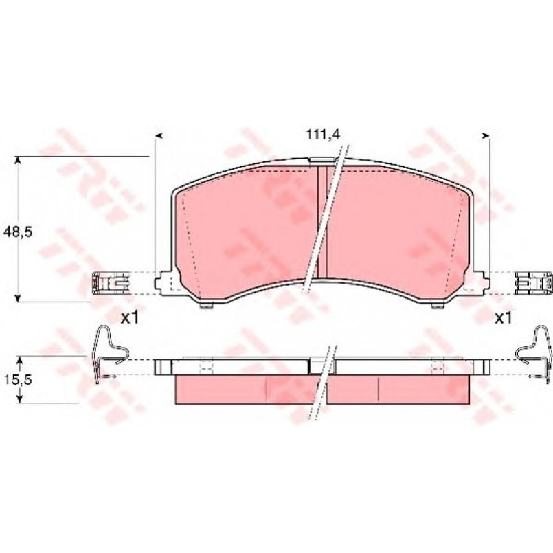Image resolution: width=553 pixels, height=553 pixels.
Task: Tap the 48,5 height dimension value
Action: (x=18, y=232)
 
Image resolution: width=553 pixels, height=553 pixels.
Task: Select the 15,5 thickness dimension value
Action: (x=18, y=379)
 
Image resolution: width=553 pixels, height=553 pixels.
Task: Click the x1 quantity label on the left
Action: (x=129, y=319)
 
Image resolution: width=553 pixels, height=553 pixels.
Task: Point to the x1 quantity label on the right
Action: (x=503, y=319)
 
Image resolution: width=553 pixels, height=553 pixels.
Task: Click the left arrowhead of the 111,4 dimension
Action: (x=159, y=135)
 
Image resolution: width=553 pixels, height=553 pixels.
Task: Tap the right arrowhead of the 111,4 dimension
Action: (x=486, y=135)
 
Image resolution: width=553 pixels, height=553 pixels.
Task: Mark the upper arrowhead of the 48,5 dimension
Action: (x=18, y=161)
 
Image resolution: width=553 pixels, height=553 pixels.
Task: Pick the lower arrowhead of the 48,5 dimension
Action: (x=18, y=297)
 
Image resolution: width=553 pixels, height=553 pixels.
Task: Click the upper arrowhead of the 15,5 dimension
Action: (x=20, y=360)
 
